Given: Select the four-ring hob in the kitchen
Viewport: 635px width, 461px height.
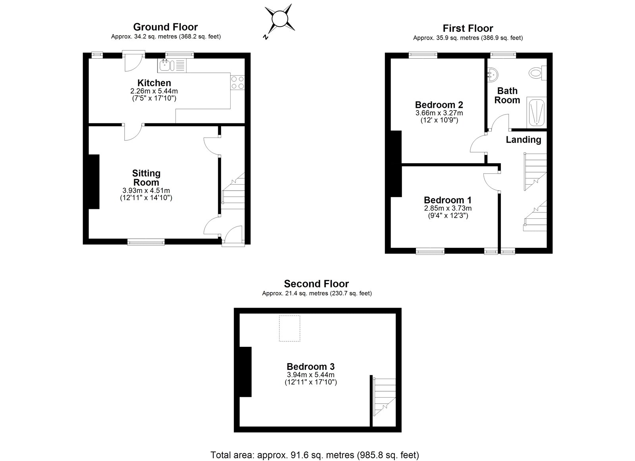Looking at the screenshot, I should pyautogui.click(x=237, y=82).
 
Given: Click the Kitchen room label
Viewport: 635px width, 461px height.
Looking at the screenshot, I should pyautogui.click(x=154, y=83).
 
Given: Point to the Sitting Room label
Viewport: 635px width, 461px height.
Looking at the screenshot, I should pyautogui.click(x=146, y=178).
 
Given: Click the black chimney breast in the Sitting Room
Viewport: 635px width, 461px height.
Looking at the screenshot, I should pyautogui.click(x=93, y=182).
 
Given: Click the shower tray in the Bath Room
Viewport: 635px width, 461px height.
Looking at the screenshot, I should pyautogui.click(x=536, y=113).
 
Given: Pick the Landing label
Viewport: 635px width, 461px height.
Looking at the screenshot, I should pyautogui.click(x=523, y=140).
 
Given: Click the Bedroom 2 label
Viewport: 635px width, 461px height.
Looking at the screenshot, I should pyautogui.click(x=439, y=105).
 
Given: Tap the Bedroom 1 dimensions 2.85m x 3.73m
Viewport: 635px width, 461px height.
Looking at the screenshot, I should pyautogui.click(x=448, y=208).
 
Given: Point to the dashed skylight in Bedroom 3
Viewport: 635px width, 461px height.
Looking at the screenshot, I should pyautogui.click(x=289, y=328).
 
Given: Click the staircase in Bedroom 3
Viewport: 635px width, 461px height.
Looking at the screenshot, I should pyautogui.click(x=384, y=396).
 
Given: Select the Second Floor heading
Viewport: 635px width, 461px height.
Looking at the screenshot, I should pyautogui.click(x=316, y=284).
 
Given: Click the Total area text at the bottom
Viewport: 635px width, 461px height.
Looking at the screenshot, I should pyautogui.click(x=315, y=455).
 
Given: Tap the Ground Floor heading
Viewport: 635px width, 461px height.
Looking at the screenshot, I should pyautogui.click(x=165, y=27).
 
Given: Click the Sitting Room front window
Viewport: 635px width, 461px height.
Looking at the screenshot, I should pyautogui.click(x=146, y=242).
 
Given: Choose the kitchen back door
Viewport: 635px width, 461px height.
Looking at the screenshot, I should pyautogui.click(x=133, y=61).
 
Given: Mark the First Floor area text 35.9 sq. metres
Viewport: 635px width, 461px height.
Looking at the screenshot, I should pyautogui.click(x=468, y=38).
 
